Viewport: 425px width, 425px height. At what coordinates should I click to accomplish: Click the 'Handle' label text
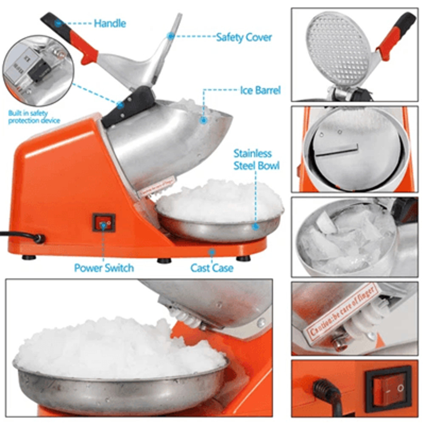click(110, 23)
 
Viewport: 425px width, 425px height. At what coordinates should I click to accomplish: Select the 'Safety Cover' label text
click(244, 37)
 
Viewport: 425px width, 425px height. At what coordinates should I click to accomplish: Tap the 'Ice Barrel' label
click(260, 91)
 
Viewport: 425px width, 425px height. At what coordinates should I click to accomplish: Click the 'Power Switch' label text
click(104, 268)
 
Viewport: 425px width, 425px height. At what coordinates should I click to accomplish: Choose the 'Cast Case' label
click(212, 268)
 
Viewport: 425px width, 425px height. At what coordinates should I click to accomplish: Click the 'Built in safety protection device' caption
click(34, 117)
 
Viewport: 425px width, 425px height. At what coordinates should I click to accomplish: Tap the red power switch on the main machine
click(104, 223)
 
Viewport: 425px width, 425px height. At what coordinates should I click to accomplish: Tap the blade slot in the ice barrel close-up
click(337, 150)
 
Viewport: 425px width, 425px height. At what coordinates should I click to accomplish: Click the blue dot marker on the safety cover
click(170, 36)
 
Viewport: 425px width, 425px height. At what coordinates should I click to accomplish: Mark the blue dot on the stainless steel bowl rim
click(255, 227)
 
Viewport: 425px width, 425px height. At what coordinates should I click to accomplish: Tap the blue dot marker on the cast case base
click(211, 252)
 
